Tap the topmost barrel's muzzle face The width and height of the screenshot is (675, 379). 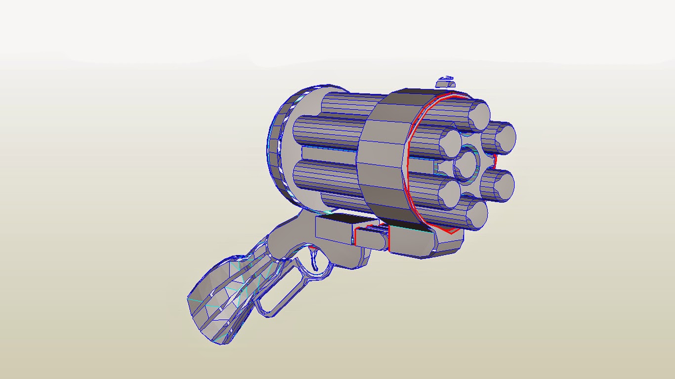478,115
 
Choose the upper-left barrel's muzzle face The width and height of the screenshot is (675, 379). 451,142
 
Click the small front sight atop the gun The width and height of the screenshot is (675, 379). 447,79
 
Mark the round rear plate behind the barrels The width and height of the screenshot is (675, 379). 282,148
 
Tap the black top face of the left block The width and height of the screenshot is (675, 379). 341,218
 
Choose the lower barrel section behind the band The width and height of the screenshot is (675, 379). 326,178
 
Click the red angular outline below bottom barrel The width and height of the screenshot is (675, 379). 450,230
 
